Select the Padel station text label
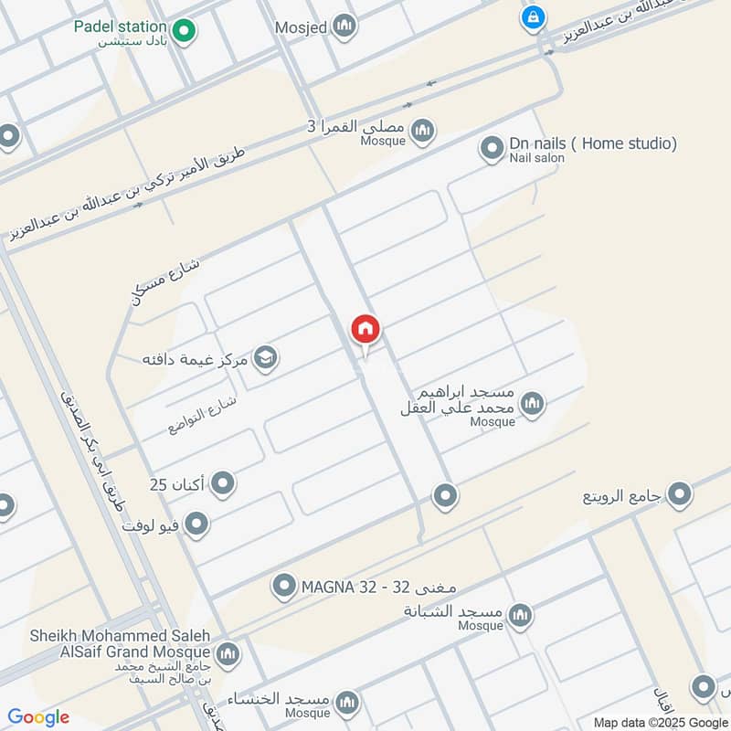(121, 27)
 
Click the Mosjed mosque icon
(344, 26)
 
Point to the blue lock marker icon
(532, 16)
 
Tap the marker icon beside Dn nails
(493, 147)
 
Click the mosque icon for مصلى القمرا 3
(422, 131)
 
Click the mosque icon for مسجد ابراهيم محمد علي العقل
(532, 403)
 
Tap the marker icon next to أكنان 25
(223, 483)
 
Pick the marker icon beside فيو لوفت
(196, 524)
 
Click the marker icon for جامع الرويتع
(680, 495)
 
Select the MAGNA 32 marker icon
(284, 584)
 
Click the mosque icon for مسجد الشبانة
(520, 613)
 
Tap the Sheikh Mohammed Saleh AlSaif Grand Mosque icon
(228, 653)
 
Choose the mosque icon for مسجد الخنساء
(346, 702)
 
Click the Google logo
(38, 718)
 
